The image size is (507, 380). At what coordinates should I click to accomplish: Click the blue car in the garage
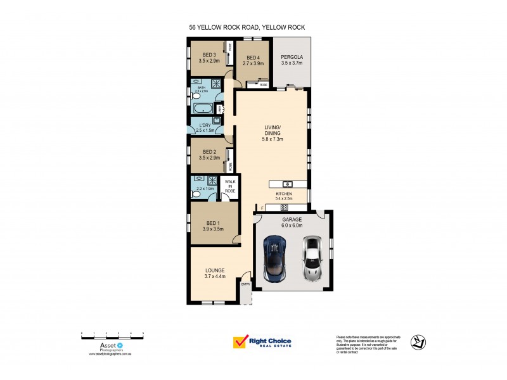click(274, 258)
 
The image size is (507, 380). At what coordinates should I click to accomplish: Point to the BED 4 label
click(253, 58)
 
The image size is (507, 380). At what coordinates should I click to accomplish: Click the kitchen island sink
click(286, 184)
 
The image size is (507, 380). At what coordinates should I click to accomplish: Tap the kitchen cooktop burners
click(284, 207)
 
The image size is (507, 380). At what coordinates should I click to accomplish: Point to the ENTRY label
click(245, 284)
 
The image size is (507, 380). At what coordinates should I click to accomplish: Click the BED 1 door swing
click(236, 239)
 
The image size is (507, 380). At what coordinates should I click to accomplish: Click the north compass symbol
click(418, 342)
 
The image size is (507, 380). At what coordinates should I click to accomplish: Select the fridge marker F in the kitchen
click(261, 207)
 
